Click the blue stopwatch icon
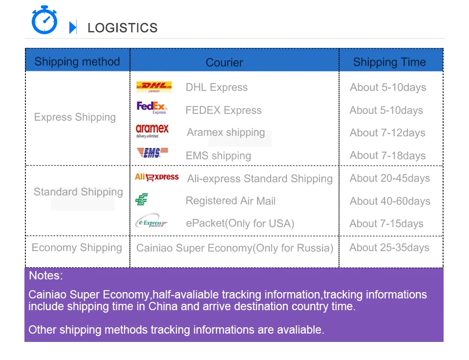click(x=44, y=20)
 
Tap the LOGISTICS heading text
click(x=122, y=28)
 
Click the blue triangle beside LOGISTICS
click(x=73, y=27)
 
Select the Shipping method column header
click(x=77, y=61)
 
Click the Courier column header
click(x=224, y=62)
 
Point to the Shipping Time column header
click(x=389, y=62)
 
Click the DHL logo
click(x=154, y=86)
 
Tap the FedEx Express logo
click(x=151, y=107)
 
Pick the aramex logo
click(x=152, y=130)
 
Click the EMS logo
click(x=152, y=152)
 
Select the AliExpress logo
click(x=157, y=177)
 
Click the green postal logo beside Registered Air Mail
click(x=142, y=199)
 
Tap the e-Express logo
click(x=151, y=221)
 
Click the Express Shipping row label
click(x=75, y=117)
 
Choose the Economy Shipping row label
click(x=77, y=248)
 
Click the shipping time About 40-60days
click(x=390, y=201)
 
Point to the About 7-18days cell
click(x=387, y=155)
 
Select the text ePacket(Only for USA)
click(x=240, y=223)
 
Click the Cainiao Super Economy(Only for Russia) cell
click(x=235, y=248)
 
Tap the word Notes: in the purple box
click(x=46, y=275)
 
